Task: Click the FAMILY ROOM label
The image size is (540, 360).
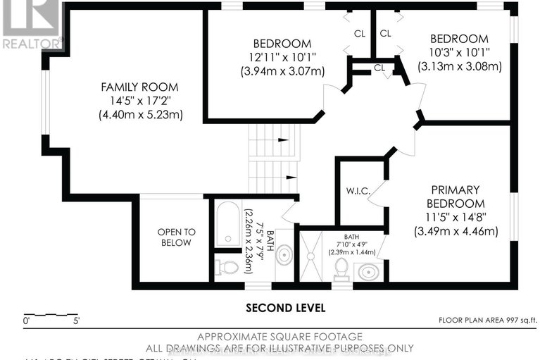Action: (139, 87)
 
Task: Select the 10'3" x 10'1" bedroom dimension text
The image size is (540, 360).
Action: (458, 53)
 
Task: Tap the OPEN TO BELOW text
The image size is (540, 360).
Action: (175, 237)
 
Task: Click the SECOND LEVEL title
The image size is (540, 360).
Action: (285, 308)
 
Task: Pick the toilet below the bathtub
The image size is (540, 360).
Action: (227, 267)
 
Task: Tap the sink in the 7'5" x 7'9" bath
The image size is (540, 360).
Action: (284, 255)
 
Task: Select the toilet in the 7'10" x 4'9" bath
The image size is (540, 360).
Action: (341, 268)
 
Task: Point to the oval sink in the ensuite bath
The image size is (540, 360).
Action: (368, 271)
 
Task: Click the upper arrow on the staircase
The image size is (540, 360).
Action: (283, 139)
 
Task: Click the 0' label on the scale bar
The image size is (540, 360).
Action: (27, 321)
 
